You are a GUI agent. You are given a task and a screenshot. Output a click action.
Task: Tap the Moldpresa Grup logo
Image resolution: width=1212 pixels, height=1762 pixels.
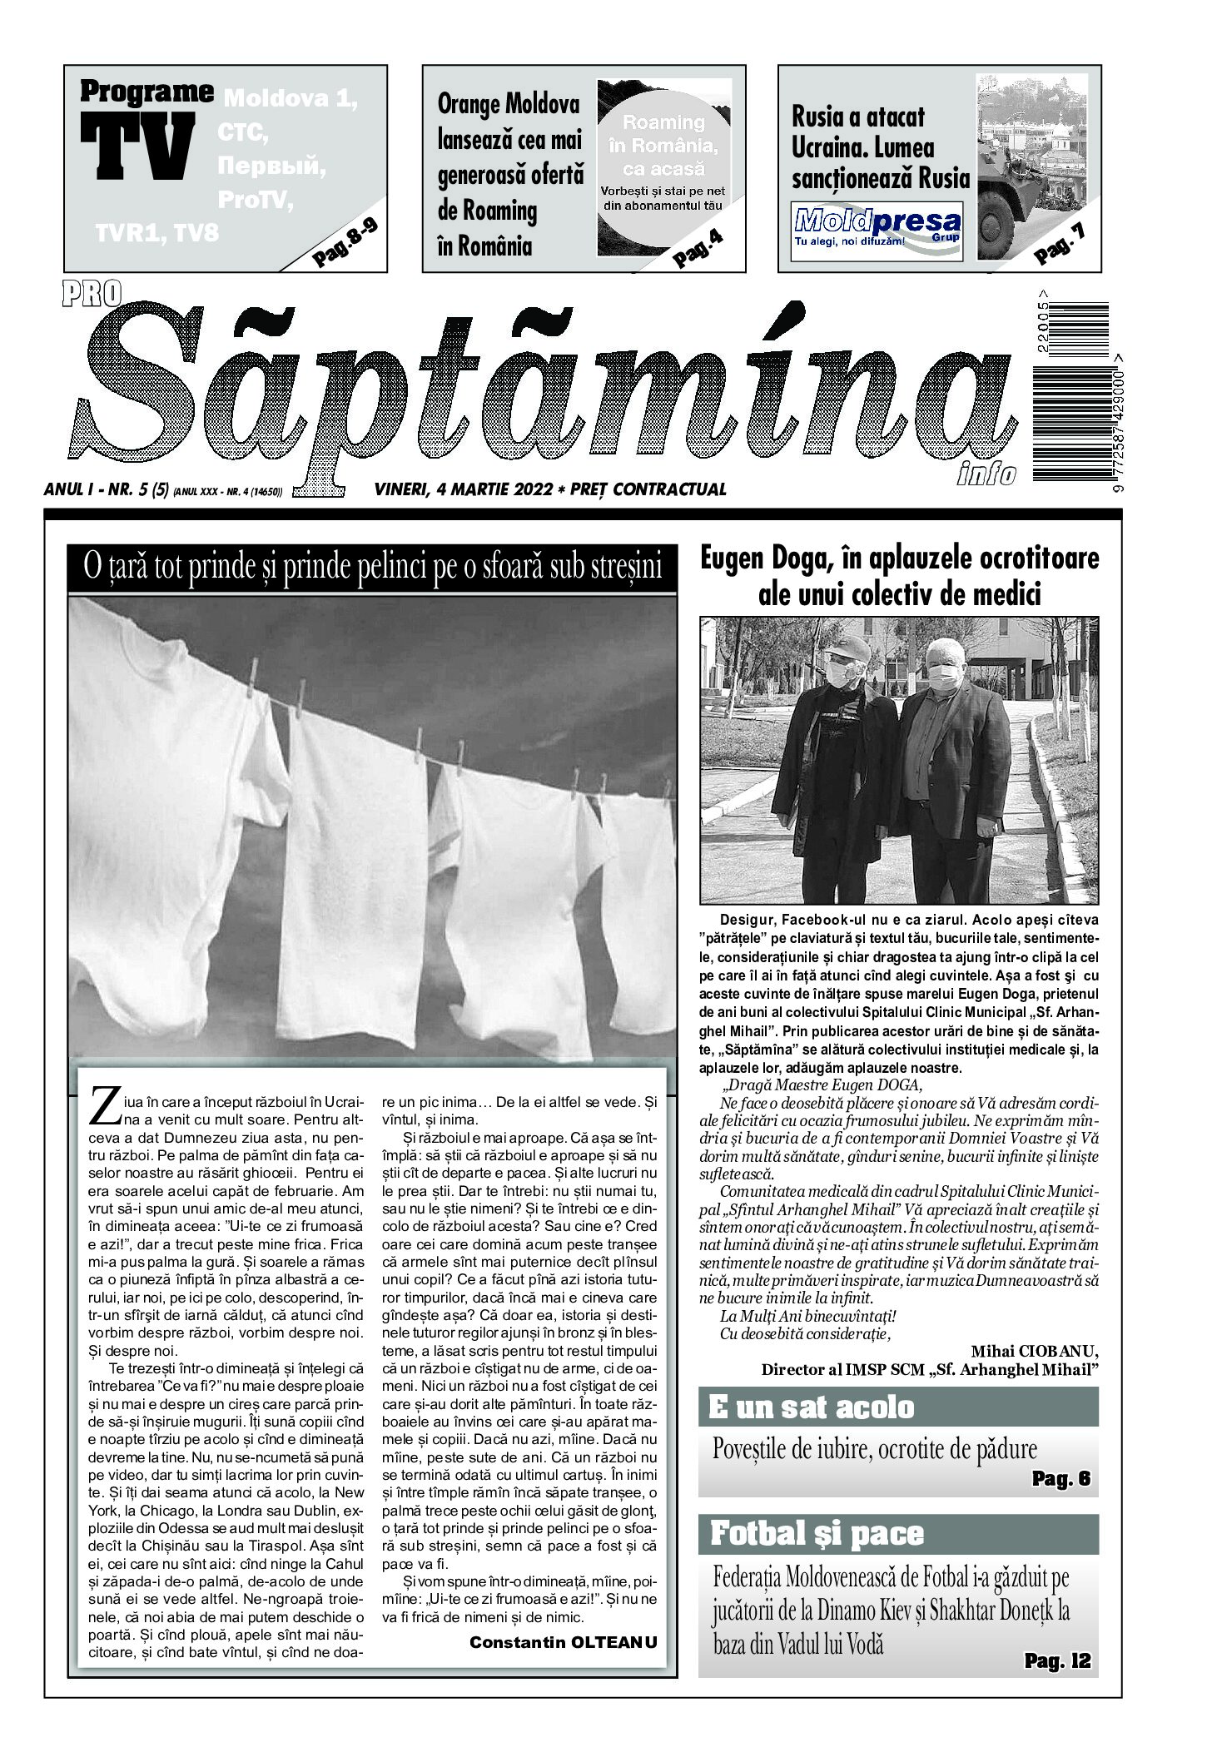pyautogui.click(x=878, y=225)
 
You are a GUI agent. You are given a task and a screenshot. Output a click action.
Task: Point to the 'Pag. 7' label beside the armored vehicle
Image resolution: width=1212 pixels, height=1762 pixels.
pyautogui.click(x=1060, y=245)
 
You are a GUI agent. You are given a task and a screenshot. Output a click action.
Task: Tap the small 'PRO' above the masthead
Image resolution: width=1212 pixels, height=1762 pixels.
pyautogui.click(x=90, y=290)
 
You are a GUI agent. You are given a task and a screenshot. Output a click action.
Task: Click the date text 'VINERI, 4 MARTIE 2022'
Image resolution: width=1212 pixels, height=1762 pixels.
pyautogui.click(x=463, y=489)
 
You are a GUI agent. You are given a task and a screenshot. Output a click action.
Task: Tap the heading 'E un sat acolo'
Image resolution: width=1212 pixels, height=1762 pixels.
pyautogui.click(x=811, y=1407)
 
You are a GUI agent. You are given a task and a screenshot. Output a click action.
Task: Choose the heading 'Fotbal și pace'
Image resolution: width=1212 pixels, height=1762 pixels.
pyautogui.click(x=816, y=1533)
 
